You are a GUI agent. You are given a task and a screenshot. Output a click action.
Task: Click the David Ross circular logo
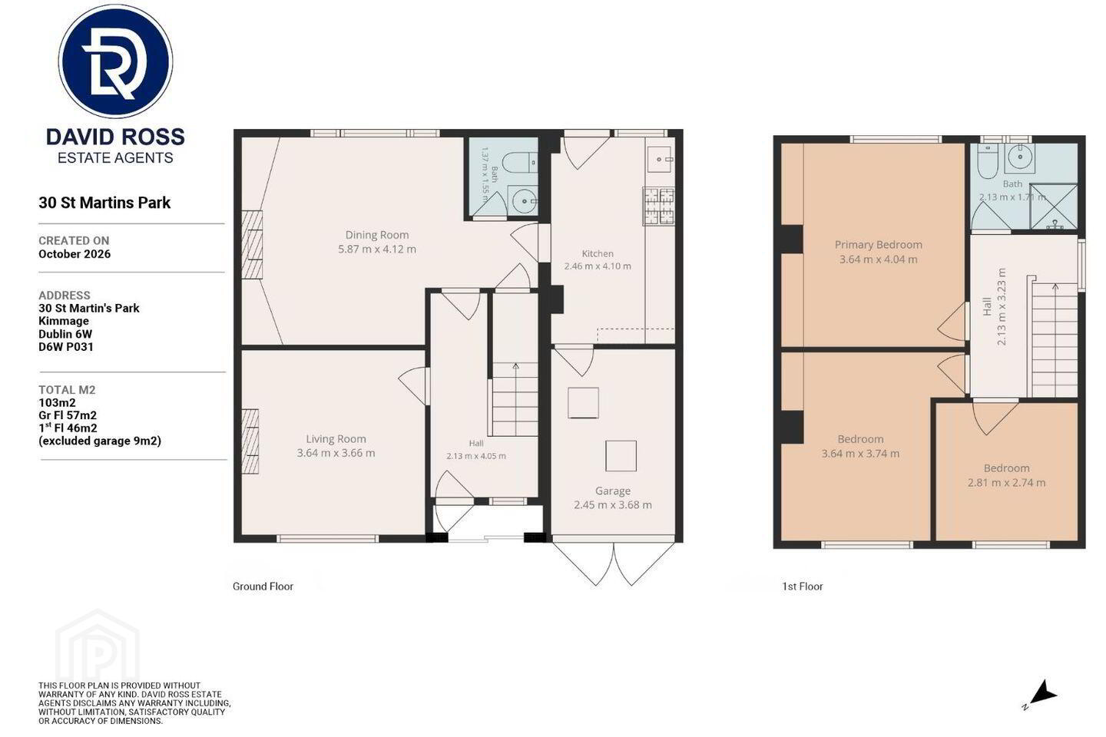click(x=115, y=61)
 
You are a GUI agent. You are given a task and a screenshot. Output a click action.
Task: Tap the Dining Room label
click(x=376, y=235)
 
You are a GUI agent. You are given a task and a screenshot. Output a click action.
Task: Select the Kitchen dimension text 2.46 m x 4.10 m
click(x=598, y=266)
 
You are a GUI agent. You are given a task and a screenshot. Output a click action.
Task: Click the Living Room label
click(x=336, y=439)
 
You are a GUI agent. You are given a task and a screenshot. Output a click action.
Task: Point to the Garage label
click(x=613, y=491)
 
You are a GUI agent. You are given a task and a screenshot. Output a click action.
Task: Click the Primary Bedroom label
click(x=878, y=245)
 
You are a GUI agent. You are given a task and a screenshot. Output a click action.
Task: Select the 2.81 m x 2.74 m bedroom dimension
click(x=1006, y=483)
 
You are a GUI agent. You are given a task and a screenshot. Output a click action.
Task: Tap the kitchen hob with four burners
click(x=659, y=207)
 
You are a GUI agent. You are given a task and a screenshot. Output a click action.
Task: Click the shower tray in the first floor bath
click(x=1053, y=207)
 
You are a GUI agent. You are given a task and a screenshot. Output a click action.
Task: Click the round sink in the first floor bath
click(x=1018, y=157)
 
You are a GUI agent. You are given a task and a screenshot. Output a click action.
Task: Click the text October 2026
click(x=75, y=254)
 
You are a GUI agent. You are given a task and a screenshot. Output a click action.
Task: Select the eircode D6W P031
click(x=66, y=347)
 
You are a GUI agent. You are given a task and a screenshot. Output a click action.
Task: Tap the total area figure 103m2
click(x=57, y=403)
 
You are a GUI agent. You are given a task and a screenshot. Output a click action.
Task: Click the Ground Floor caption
click(x=263, y=587)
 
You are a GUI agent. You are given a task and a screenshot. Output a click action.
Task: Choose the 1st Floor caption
click(x=803, y=587)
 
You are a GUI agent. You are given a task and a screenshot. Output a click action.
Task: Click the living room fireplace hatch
click(x=250, y=441)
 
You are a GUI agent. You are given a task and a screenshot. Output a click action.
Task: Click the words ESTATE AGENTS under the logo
click(x=115, y=158)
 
